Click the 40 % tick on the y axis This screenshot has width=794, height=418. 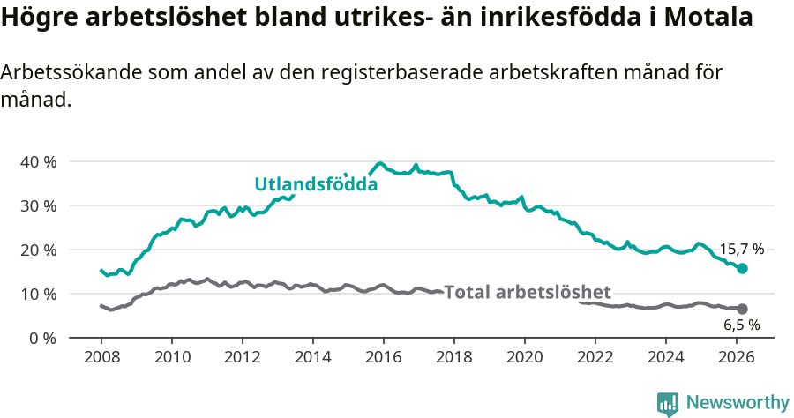[37, 161]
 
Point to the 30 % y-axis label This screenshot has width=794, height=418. [37, 205]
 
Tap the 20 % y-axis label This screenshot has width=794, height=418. [37, 250]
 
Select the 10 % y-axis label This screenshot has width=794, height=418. [37, 294]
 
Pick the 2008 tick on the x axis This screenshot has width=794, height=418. [101, 357]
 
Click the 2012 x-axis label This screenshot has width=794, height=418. [243, 357]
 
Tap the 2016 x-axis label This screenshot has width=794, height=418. [384, 357]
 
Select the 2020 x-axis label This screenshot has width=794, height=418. [525, 357]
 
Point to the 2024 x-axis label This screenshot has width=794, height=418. [666, 357]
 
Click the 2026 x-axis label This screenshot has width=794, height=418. [737, 357]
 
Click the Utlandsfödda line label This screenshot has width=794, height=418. [316, 184]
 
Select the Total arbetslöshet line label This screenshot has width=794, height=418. [527, 293]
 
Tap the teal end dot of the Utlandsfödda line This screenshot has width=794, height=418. [743, 268]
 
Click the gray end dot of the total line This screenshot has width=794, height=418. [743, 309]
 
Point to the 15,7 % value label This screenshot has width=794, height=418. [741, 250]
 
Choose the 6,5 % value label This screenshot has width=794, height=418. [741, 325]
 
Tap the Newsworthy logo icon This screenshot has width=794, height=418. [668, 404]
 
